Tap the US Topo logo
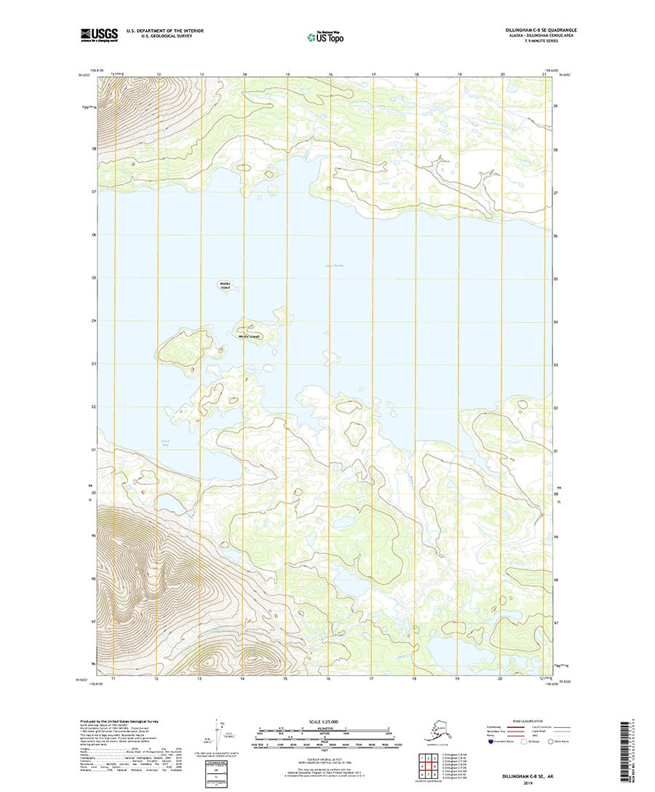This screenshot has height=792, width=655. (x=327, y=35)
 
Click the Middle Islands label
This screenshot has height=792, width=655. (x=249, y=336)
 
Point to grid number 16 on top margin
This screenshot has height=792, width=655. (x=330, y=74)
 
